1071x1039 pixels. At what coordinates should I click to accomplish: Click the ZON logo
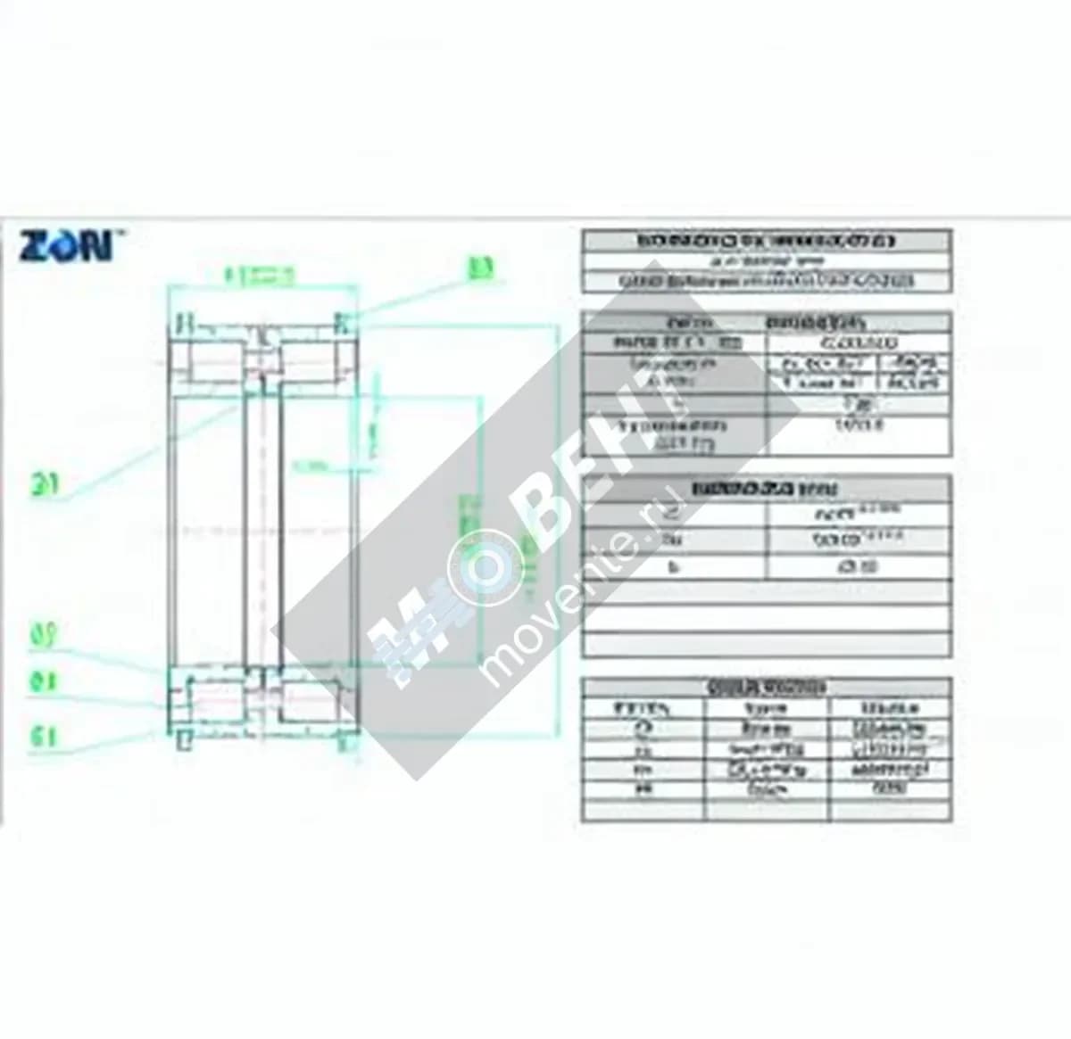click(66, 245)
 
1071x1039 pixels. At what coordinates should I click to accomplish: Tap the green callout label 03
click(482, 268)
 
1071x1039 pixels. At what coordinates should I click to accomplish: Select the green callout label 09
click(45, 636)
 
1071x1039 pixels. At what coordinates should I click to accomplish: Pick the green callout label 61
click(45, 737)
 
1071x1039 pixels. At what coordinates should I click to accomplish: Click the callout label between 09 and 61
click(45, 682)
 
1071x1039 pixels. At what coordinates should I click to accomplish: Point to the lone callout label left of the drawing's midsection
click(45, 485)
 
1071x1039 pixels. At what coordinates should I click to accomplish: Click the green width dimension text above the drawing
click(259, 276)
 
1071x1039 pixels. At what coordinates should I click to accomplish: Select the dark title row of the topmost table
click(766, 241)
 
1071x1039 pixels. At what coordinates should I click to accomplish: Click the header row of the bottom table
click(766, 688)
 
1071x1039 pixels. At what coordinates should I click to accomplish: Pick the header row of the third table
click(766, 489)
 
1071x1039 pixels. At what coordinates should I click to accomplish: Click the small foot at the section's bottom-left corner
click(184, 740)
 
